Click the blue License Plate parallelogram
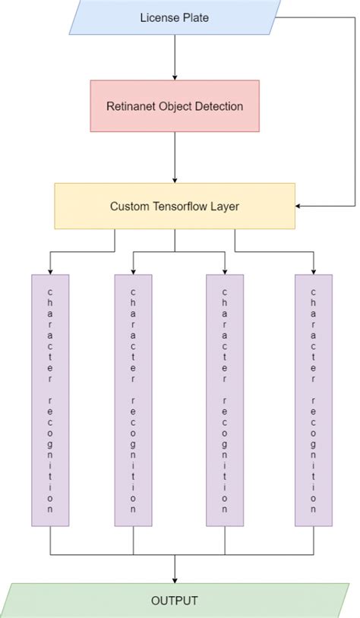(175, 17)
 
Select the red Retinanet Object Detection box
(175, 106)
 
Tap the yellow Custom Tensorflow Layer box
(175, 206)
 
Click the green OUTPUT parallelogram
(175, 601)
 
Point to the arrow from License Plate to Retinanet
(175, 58)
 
